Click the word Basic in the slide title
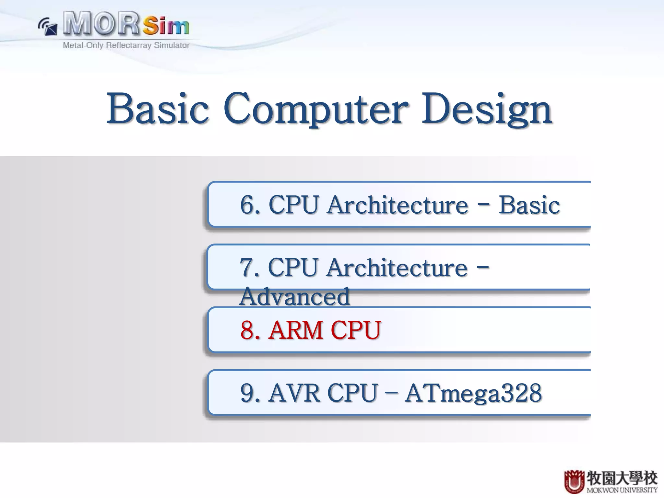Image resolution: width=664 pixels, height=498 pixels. click(x=158, y=109)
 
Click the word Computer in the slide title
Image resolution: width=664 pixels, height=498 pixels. click(x=315, y=109)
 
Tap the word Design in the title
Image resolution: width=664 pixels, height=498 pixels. click(x=486, y=109)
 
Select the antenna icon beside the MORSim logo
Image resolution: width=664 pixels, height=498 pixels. click(x=48, y=27)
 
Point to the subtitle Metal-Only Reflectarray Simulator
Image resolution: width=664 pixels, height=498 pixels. click(x=126, y=45)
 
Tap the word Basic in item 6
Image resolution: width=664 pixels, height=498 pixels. click(x=529, y=205)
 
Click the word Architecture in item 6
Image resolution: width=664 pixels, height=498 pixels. click(x=397, y=205)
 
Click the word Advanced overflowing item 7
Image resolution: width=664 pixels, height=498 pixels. click(x=294, y=296)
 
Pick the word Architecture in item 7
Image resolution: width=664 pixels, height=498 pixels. click(x=397, y=267)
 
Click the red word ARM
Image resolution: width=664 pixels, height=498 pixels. click(x=296, y=330)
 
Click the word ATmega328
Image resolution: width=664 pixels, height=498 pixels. click(x=473, y=393)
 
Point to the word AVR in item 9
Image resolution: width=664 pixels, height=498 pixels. click(x=294, y=393)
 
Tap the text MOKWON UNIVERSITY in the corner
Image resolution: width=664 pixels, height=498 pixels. click(x=622, y=490)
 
